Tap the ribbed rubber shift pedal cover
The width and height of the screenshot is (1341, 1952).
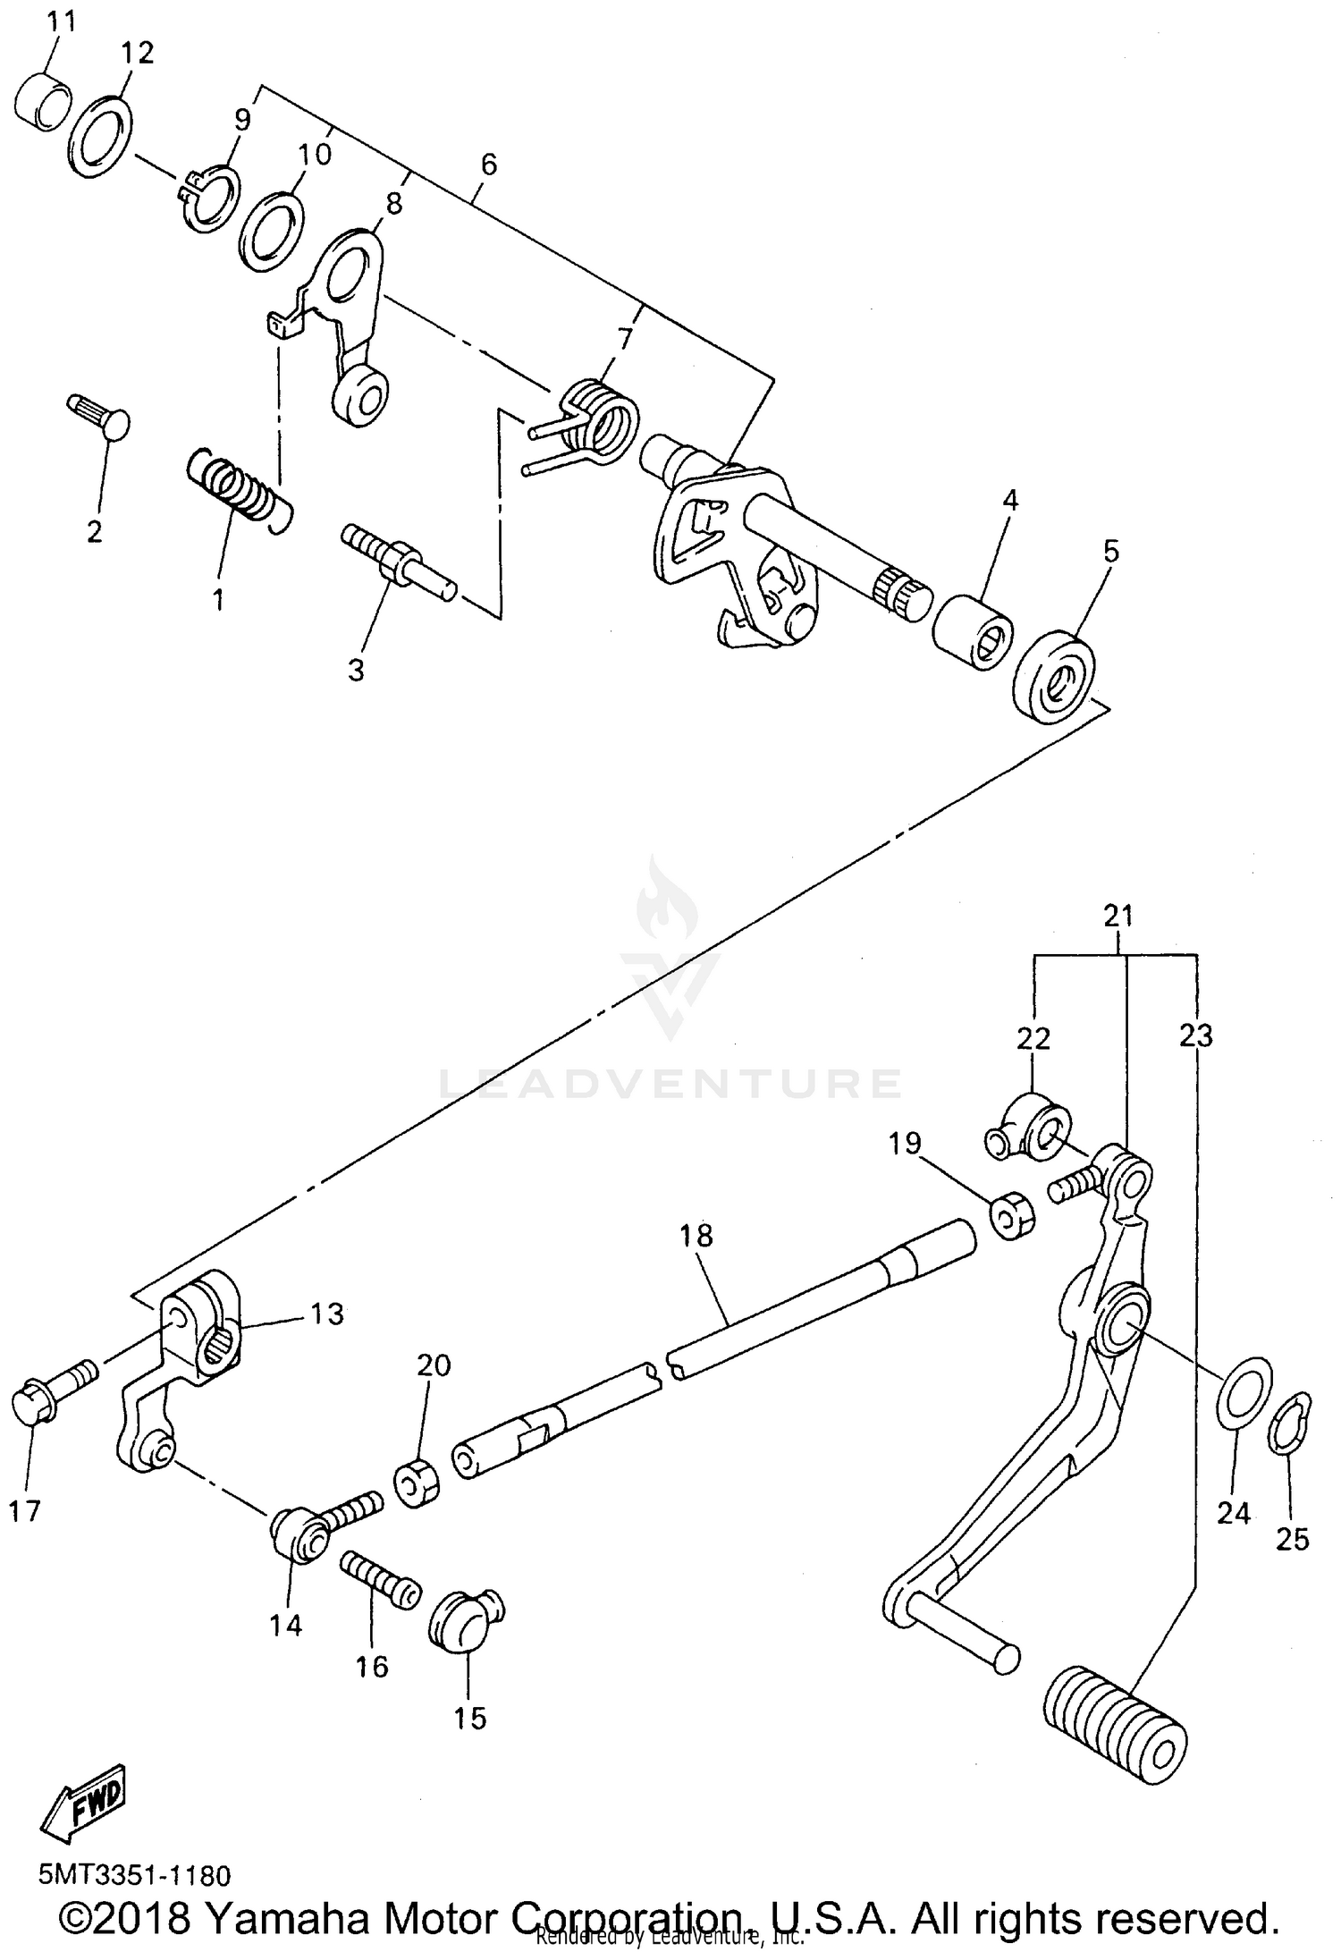tap(1115, 1723)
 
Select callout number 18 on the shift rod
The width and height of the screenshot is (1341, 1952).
tap(696, 1236)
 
